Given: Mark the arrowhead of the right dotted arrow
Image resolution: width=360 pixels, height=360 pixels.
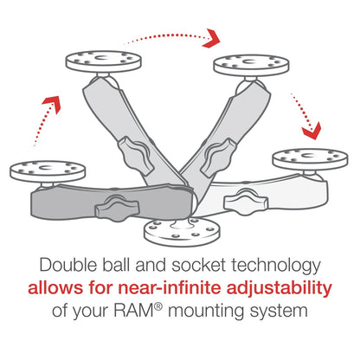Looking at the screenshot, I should click(x=310, y=131).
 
